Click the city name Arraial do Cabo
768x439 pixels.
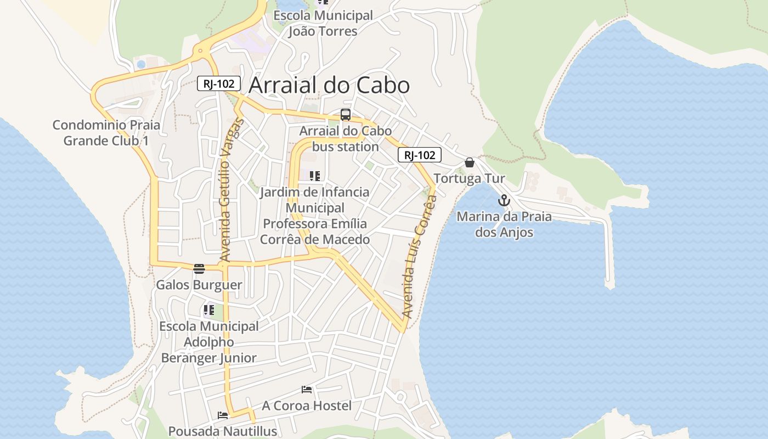[329, 85]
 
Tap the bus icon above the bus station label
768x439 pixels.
[346, 115]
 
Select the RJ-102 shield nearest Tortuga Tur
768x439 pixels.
[420, 155]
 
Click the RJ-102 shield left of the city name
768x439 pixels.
[219, 83]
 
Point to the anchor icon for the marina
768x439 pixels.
[504, 200]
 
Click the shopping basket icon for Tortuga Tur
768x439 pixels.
[470, 162]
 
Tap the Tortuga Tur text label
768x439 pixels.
[469, 179]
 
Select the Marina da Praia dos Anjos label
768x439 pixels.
[504, 224]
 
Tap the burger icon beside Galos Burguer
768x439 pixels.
[199, 268]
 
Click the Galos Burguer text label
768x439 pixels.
[199, 285]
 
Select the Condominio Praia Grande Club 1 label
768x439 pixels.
[106, 133]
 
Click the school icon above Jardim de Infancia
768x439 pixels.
[315, 176]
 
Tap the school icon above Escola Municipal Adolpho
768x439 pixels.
[208, 310]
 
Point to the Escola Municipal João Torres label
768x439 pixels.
[323, 24]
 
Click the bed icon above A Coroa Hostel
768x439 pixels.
[307, 390]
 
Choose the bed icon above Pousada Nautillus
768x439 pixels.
[222, 415]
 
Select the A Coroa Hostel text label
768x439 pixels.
[307, 406]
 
